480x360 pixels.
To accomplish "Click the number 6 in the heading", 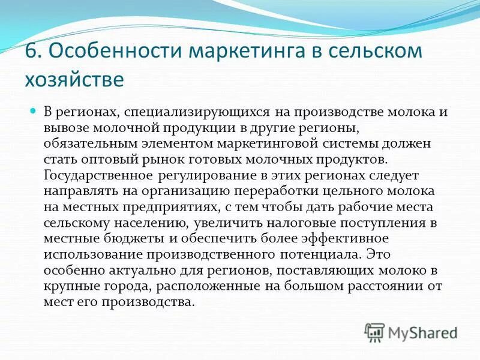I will [31, 51].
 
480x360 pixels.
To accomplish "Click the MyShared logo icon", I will [375, 332].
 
